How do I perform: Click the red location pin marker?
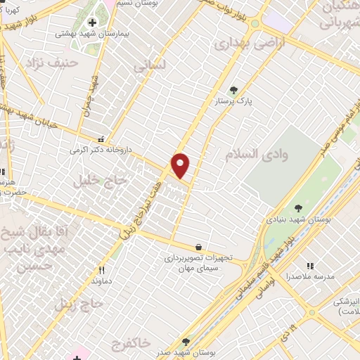(x=181, y=165)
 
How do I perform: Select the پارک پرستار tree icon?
(x=234, y=89)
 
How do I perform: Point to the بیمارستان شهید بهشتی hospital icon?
(x=92, y=23)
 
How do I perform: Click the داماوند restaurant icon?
(x=101, y=269)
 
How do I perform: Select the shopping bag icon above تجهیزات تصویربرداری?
(x=199, y=247)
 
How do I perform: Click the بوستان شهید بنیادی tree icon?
(x=298, y=208)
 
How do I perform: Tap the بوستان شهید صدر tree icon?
(x=186, y=341)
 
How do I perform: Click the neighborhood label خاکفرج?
(x=130, y=342)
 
